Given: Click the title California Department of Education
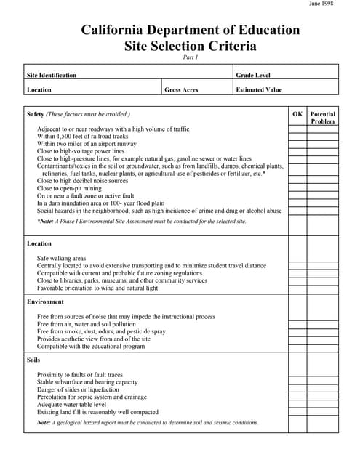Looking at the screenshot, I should point(190,30).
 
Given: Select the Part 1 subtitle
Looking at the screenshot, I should point(190,57).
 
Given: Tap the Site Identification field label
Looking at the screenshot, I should point(52,75).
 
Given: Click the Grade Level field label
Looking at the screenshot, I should point(253,75).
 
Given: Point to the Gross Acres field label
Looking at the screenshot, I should point(181,90).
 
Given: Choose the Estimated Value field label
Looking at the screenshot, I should point(259,90).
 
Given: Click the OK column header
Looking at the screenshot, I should point(297,114).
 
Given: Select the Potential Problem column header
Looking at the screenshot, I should point(323,118).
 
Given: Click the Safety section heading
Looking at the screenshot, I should point(36,114).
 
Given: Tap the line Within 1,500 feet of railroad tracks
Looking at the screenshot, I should point(83,136).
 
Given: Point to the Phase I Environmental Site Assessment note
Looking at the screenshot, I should point(142,221).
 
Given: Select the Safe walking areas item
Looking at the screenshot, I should point(61,258).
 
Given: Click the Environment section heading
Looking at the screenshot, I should point(46,301).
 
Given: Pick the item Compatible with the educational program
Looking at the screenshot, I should point(91,347).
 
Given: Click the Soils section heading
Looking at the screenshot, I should point(34,360).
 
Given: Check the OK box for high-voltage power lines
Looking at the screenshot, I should point(297,151).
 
